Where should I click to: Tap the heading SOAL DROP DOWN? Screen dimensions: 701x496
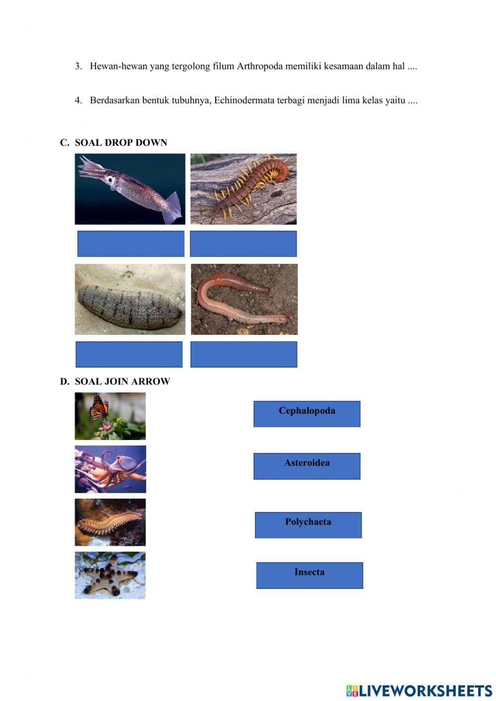121,143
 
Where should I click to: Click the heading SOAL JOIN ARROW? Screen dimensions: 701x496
122,382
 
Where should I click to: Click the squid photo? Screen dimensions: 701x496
130,189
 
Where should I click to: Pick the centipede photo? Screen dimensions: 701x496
244,189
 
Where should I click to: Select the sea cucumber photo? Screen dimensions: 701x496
130,299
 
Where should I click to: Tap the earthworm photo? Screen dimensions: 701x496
244,299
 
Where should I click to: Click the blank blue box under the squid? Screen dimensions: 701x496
131,244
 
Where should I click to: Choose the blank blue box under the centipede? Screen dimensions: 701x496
243,244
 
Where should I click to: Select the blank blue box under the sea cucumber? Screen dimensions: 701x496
129,354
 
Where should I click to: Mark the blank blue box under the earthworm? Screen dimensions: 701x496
244,354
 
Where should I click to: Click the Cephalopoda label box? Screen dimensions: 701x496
307,414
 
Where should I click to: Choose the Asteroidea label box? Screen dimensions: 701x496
307,466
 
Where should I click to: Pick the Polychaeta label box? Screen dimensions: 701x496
308,525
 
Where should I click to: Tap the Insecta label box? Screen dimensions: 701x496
310,575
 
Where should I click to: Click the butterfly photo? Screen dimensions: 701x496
110,416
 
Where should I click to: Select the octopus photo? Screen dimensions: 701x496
110,469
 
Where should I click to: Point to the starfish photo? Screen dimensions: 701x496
110,575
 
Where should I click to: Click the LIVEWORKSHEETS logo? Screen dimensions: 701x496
419,691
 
